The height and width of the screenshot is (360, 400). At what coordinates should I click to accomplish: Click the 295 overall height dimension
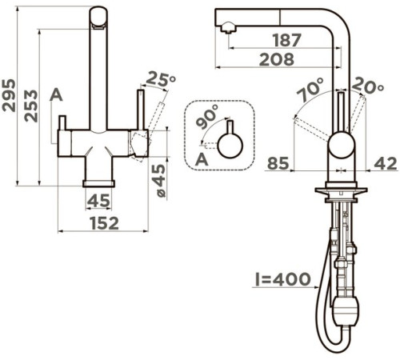point(9,95)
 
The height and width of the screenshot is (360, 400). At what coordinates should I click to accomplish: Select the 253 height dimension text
point(31,106)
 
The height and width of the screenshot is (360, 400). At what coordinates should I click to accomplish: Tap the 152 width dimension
point(105,223)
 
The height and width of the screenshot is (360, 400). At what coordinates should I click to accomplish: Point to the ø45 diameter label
point(161,181)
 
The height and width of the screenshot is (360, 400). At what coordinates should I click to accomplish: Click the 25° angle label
point(161,79)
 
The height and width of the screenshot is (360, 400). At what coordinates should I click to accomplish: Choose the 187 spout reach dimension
point(287,40)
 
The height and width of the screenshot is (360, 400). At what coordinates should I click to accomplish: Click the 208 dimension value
point(277,59)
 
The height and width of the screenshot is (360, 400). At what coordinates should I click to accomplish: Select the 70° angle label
point(310,90)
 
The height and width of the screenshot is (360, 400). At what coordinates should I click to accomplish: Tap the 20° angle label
point(368,86)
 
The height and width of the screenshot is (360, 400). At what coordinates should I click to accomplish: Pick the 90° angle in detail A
point(207,117)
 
